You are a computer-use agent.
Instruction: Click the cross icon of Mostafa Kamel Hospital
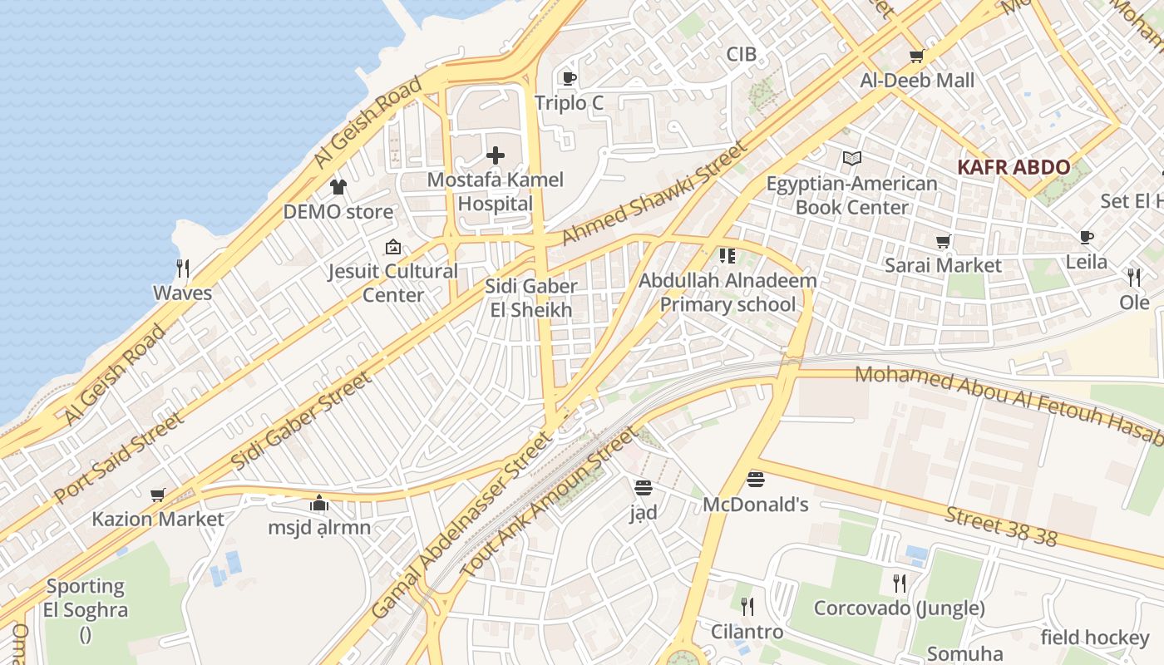(x=496, y=155)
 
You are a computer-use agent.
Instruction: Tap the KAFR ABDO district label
(x=1014, y=167)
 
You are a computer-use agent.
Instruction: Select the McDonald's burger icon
(x=755, y=479)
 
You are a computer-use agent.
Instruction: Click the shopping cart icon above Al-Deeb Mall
(x=916, y=56)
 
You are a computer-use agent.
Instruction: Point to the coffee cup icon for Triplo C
(x=569, y=78)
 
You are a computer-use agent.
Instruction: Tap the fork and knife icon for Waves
(x=183, y=268)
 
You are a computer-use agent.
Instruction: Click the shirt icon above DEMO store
(x=338, y=186)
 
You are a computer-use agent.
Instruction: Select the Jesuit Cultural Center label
(x=392, y=283)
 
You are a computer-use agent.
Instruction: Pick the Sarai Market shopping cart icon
(x=943, y=241)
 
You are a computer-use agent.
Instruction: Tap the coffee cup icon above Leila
(x=1086, y=238)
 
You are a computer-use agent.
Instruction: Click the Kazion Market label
(x=158, y=520)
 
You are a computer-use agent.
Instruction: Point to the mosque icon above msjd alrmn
(x=318, y=503)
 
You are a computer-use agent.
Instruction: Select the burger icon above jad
(x=643, y=487)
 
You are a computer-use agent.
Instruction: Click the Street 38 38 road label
(x=1001, y=527)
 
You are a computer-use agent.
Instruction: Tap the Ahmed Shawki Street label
(x=654, y=194)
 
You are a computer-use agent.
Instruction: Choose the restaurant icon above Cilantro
(x=747, y=607)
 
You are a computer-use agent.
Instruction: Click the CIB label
(x=742, y=54)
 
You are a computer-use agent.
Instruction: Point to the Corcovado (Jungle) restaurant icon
(x=899, y=583)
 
